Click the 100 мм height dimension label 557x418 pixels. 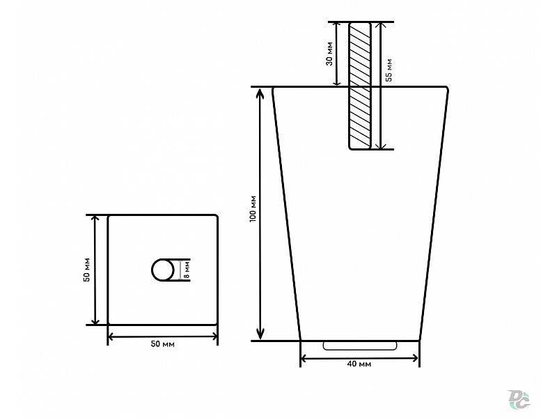click(253, 209)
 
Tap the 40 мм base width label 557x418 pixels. click(359, 364)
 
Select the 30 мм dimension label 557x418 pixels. click(329, 54)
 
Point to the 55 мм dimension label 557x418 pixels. click(389, 70)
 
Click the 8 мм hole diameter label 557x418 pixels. click(187, 270)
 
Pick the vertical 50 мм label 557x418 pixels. click(87, 270)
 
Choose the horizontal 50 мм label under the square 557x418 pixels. click(163, 344)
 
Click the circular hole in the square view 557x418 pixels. click(163, 270)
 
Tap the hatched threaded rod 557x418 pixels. click(360, 86)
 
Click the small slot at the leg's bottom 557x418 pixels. click(359, 346)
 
